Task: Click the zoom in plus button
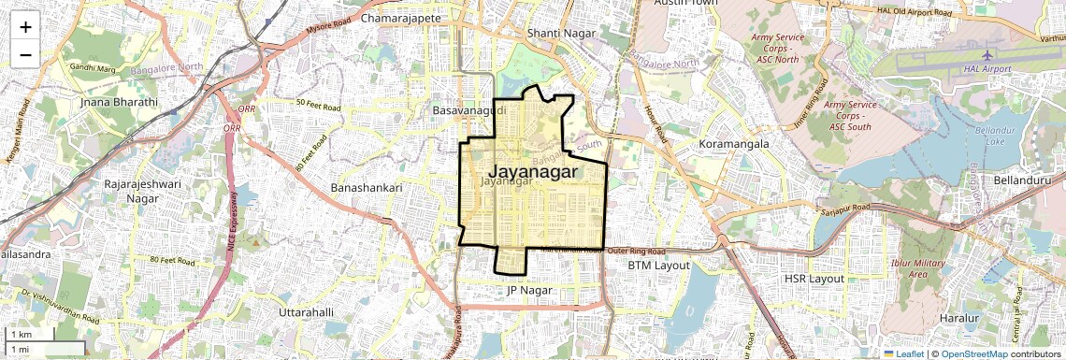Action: tap(25, 27)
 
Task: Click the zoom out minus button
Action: tap(25, 54)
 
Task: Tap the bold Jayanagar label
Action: tap(532, 172)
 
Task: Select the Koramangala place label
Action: tap(734, 144)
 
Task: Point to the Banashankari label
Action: tap(367, 188)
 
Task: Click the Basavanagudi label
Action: tap(469, 110)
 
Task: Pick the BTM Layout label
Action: tap(658, 266)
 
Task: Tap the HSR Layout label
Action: tap(813, 279)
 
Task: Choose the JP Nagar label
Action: tap(530, 290)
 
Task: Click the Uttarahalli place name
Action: tap(308, 311)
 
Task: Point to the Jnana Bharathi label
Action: tap(119, 101)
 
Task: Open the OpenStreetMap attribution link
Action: tap(973, 353)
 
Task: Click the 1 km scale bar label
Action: tap(22, 334)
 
